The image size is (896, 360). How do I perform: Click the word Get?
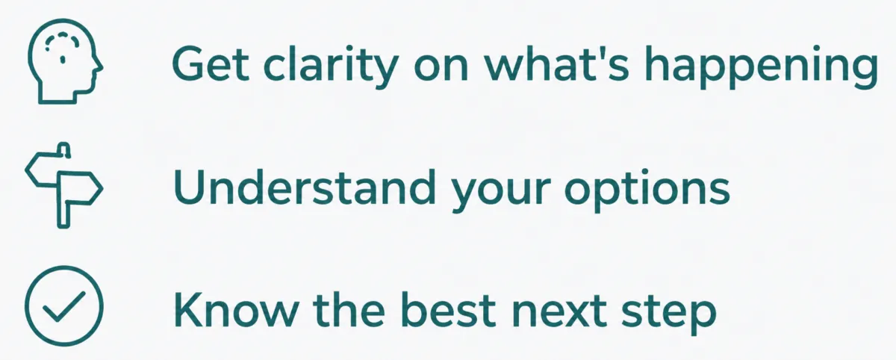[211, 64]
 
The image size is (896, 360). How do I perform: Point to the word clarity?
[332, 66]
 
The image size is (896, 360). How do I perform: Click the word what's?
[557, 64]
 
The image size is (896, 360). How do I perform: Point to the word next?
[559, 312]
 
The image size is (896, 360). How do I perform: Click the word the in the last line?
[349, 310]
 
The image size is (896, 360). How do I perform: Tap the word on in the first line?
[441, 69]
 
